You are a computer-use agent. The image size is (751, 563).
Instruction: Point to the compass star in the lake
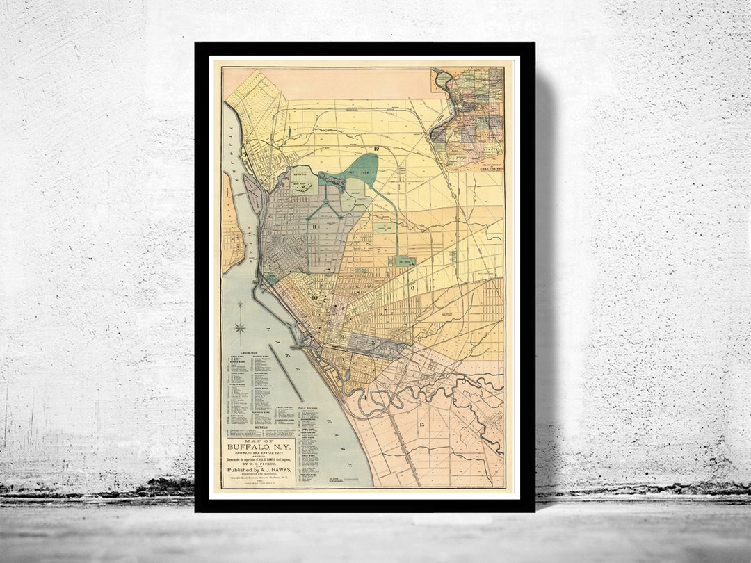[x=240, y=327]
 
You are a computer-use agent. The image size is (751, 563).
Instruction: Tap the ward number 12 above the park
[x=376, y=148]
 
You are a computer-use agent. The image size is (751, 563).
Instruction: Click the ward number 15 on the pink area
[x=421, y=423]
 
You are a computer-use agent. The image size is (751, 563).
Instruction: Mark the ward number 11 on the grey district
[x=314, y=227]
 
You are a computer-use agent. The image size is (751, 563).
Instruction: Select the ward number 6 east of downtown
[x=412, y=286]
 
